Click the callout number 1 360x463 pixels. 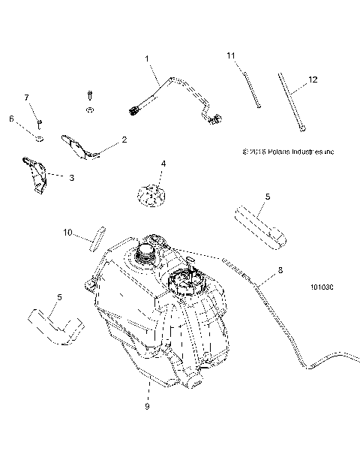(x=147, y=58)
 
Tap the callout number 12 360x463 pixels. (x=313, y=79)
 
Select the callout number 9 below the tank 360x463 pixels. (x=147, y=406)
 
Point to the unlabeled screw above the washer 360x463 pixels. (x=89, y=97)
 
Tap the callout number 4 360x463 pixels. (x=163, y=163)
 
